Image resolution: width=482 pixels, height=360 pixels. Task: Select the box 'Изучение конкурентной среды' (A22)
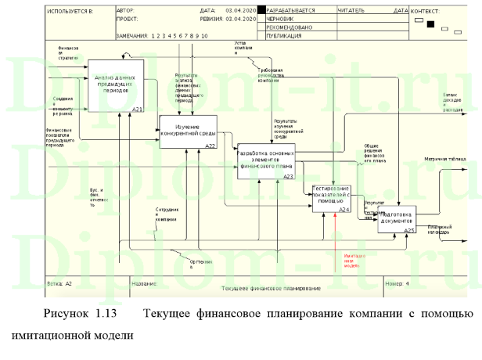pyautogui.click(x=187, y=131)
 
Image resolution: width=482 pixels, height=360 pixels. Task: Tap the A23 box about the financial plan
pyautogui.click(x=265, y=161)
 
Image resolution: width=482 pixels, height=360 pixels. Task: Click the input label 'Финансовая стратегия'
pyautogui.click(x=70, y=52)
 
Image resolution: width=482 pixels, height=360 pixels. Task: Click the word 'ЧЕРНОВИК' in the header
pyautogui.click(x=283, y=19)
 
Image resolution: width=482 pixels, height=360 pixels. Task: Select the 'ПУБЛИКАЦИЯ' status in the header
pyautogui.click(x=285, y=35)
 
